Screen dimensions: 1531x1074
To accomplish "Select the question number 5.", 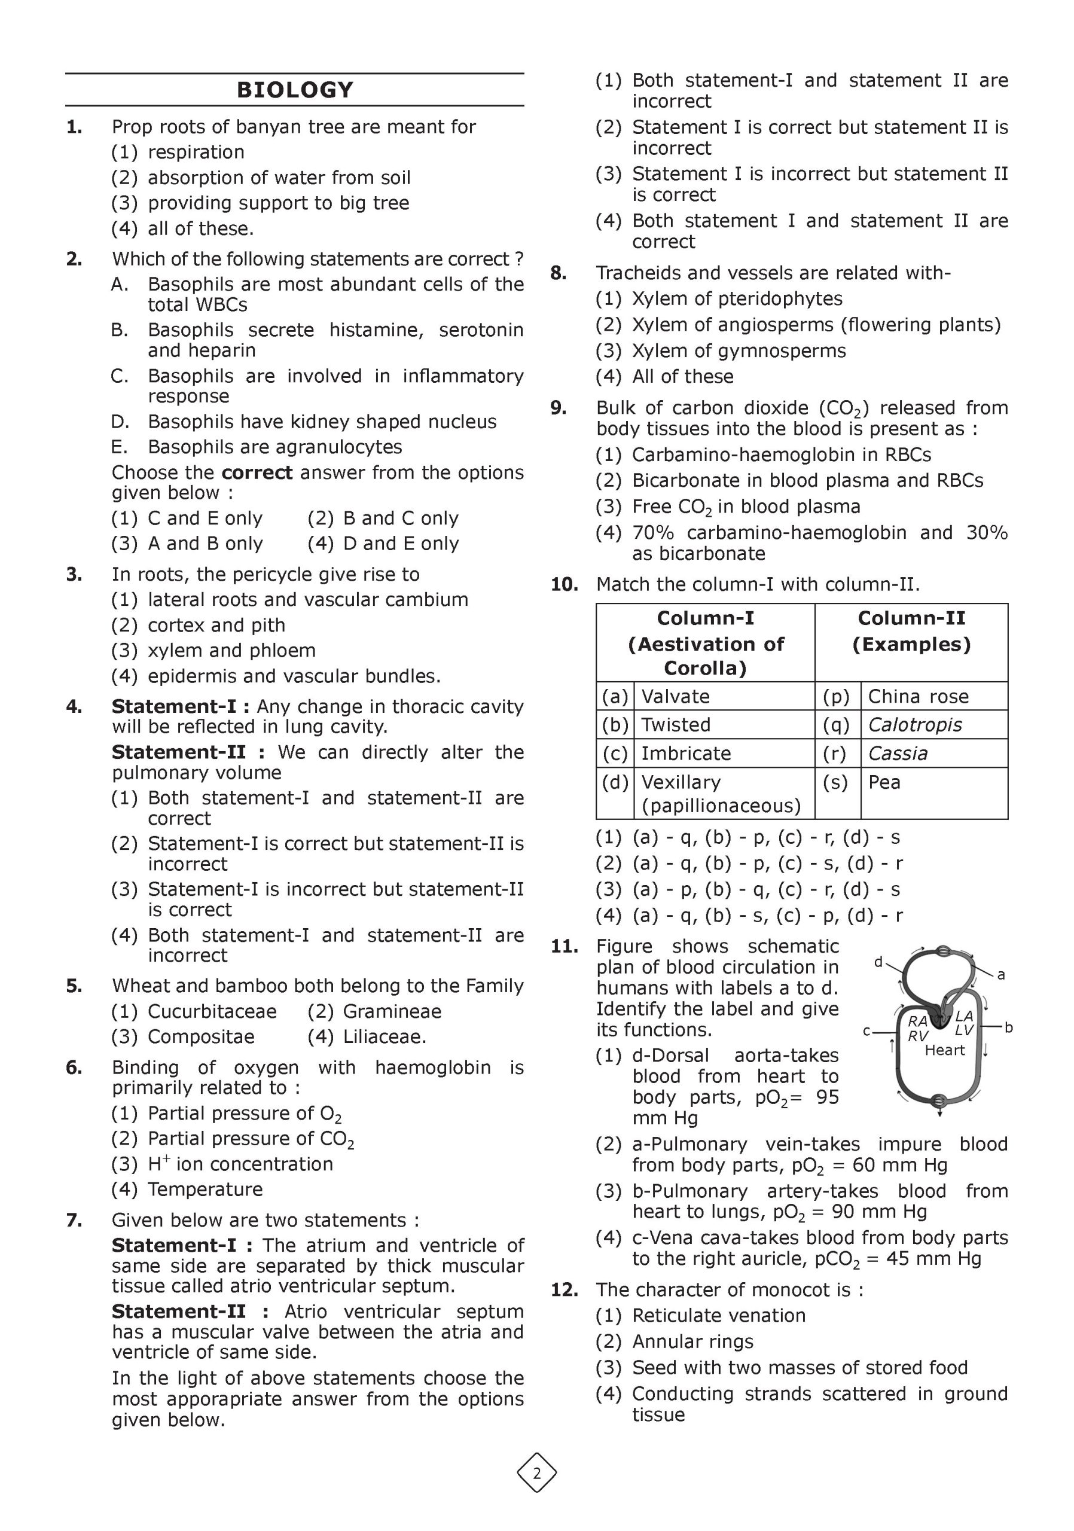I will (x=74, y=986).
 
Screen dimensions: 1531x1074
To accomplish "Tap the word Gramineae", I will (x=392, y=1011).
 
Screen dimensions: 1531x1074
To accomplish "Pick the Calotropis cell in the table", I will (x=915, y=725).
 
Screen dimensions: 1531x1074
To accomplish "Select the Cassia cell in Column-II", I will (x=898, y=754).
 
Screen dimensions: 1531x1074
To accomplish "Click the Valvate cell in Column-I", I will (x=675, y=697).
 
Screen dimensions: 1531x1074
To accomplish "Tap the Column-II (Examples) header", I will (x=911, y=631).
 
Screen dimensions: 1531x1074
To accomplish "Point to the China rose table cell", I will (x=918, y=697).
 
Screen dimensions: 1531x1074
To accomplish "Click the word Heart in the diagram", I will (x=944, y=1050).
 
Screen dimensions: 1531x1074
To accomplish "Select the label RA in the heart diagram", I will (x=917, y=1021).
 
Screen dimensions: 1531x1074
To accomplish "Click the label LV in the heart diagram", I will (x=963, y=1030).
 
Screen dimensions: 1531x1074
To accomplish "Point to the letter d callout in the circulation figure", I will (x=878, y=962).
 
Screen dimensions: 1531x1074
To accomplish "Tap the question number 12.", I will (x=564, y=1290).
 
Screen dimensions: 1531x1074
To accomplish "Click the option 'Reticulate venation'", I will (x=719, y=1316).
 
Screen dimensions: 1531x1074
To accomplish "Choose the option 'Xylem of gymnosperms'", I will (x=739, y=350).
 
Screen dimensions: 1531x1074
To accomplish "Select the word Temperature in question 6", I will (x=205, y=1190).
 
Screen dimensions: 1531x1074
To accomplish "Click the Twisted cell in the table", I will (x=675, y=725).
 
